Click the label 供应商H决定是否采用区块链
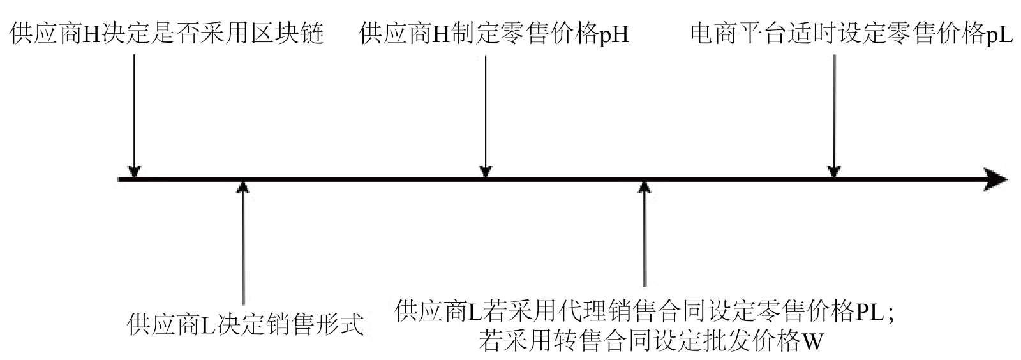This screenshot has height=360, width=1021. (x=167, y=33)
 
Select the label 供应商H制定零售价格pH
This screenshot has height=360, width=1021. (x=494, y=33)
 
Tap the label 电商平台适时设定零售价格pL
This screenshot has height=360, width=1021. (x=851, y=33)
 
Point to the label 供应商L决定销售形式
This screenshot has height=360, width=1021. (x=246, y=324)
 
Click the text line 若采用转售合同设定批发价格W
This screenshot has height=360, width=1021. (x=651, y=341)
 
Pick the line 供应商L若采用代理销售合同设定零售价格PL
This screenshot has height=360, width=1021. (x=645, y=311)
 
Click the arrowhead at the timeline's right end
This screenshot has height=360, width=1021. (x=995, y=179)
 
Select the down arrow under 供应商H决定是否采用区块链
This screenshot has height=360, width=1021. (x=134, y=115)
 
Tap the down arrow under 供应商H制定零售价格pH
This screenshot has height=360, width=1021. (x=486, y=115)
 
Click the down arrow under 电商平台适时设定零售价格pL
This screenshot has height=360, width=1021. (x=833, y=115)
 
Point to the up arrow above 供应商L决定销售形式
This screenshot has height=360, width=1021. (x=242, y=243)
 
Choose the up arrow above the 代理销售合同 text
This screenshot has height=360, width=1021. (x=645, y=236)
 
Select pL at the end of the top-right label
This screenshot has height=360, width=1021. (x=999, y=33)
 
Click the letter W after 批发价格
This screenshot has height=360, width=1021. (x=812, y=341)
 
